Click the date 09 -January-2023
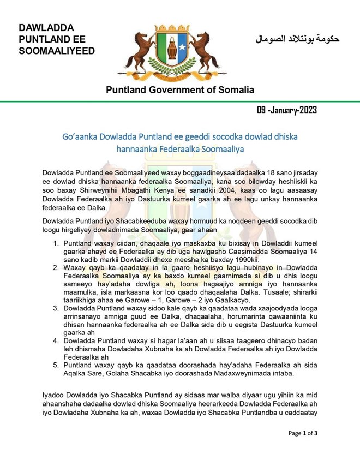286,110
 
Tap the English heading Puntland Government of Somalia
180,89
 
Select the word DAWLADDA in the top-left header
46,28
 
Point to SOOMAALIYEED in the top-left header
56,51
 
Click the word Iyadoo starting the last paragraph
55,394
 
